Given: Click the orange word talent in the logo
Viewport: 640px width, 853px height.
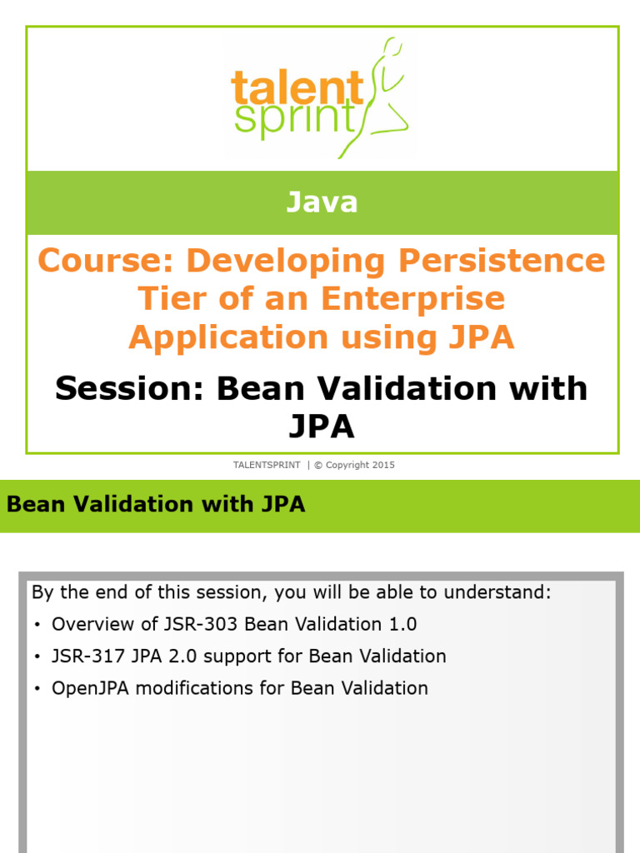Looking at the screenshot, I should click(x=297, y=87).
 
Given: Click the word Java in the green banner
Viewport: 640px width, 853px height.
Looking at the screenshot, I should click(x=322, y=202).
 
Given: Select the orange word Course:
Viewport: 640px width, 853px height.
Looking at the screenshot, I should click(x=107, y=261).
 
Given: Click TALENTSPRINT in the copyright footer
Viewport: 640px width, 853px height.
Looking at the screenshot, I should click(x=267, y=465).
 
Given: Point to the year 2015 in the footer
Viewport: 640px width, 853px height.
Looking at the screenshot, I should click(x=383, y=465).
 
